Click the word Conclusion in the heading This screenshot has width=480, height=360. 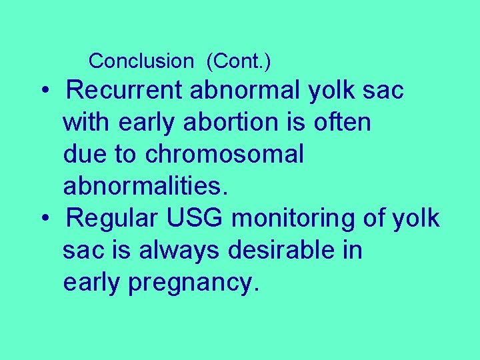140,61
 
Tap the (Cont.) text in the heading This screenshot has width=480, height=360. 238,61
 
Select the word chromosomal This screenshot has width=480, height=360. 224,154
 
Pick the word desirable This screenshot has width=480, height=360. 286,250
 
